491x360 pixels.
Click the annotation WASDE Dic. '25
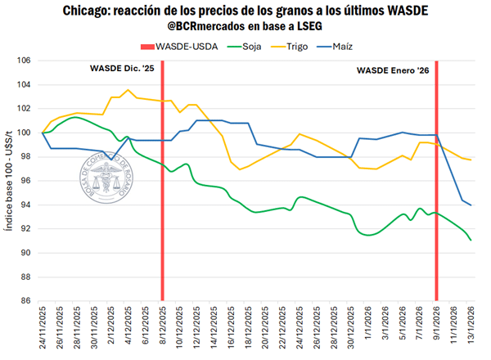[124, 69]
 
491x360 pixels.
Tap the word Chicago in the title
[89, 11]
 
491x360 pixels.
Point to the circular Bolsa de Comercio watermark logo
[105, 174]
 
